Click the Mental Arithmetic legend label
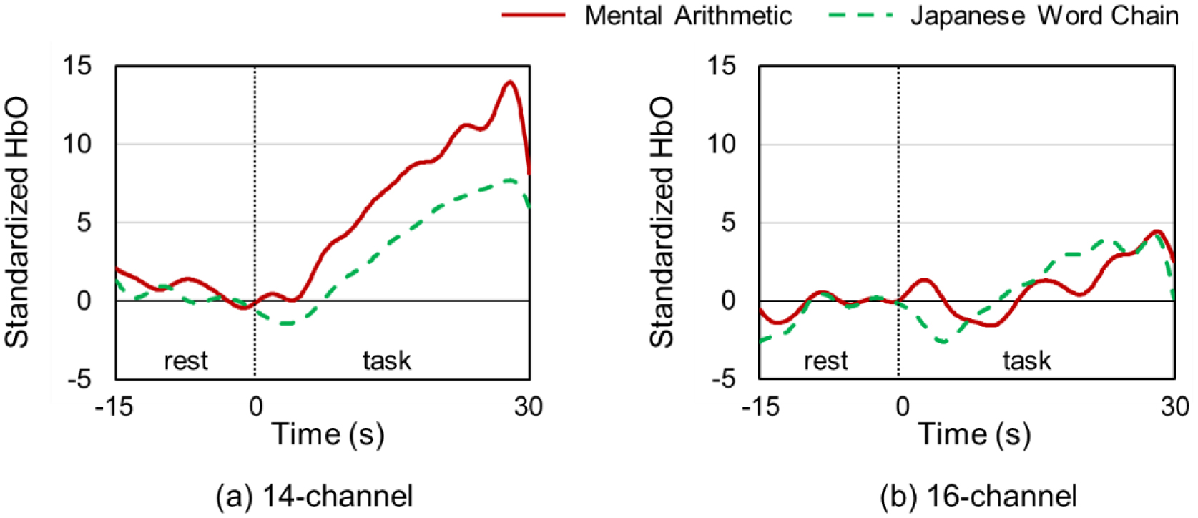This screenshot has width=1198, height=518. pyautogui.click(x=688, y=16)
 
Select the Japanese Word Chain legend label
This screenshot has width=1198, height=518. pyautogui.click(x=1044, y=16)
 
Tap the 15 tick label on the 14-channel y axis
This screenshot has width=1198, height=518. pyautogui.click(x=77, y=67)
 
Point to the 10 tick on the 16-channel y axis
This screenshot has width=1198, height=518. pyautogui.click(x=721, y=145)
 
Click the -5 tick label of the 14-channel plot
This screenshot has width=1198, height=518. pyautogui.click(x=79, y=378)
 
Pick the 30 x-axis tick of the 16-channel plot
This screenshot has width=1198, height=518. pyautogui.click(x=1174, y=407)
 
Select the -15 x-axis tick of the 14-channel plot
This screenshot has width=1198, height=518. pyautogui.click(x=114, y=407)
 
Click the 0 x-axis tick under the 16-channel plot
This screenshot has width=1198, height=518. pyautogui.click(x=902, y=407)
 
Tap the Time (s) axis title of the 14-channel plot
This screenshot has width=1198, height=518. pyautogui.click(x=328, y=434)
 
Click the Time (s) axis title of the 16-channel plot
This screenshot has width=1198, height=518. pyautogui.click(x=974, y=434)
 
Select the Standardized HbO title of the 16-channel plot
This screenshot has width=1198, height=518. pyautogui.click(x=662, y=223)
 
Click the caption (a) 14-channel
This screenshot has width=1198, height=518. pyautogui.click(x=315, y=496)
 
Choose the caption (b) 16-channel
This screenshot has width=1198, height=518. pyautogui.click(x=978, y=496)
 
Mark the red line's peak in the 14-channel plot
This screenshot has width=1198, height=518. pyautogui.click(x=510, y=82)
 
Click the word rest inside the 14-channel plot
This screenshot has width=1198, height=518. pyautogui.click(x=186, y=361)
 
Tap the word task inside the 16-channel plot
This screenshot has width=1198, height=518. pyautogui.click(x=1027, y=361)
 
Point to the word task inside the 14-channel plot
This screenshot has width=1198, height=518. pyautogui.click(x=387, y=361)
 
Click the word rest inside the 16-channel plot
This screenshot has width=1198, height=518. pyautogui.click(x=825, y=361)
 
